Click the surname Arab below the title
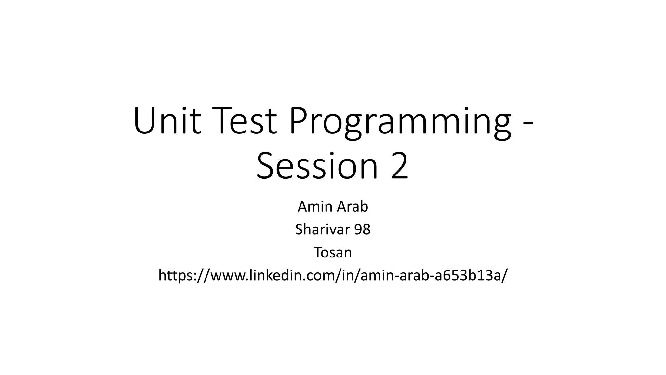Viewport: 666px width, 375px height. click(352, 206)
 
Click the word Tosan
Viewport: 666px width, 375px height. click(333, 252)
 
